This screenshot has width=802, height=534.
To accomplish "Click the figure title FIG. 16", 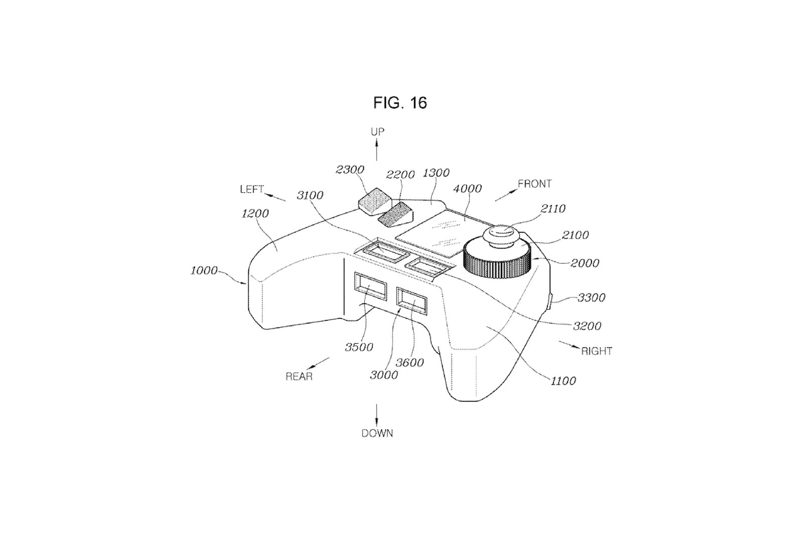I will [x=400, y=103].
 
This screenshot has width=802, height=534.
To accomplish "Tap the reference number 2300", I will [x=350, y=170].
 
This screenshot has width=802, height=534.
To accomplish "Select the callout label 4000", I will [x=467, y=189].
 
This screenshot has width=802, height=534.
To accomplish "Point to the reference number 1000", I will [x=204, y=271].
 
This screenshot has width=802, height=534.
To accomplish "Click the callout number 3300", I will [x=591, y=298].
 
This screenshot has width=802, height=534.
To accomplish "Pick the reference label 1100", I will [x=563, y=381].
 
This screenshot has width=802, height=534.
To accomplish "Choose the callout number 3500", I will [x=359, y=347].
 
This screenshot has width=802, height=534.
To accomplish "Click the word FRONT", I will [x=534, y=184].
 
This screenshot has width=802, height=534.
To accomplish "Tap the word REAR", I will [x=299, y=377].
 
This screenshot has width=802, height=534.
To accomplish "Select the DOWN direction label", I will [x=377, y=433].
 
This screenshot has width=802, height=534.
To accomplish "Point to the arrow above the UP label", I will [x=377, y=150].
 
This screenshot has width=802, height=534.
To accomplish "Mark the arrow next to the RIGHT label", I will [x=568, y=345].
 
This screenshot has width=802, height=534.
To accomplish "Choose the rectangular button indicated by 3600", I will [x=412, y=302].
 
